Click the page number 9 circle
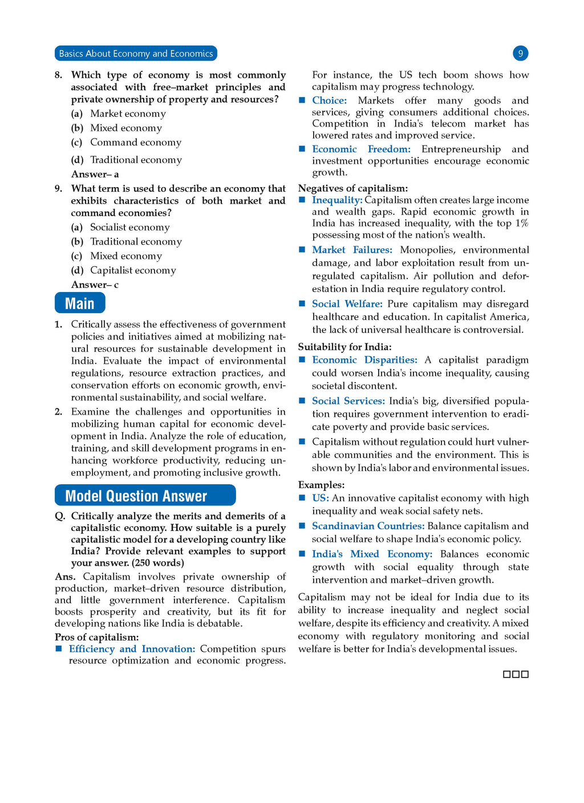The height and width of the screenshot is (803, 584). [x=520, y=53]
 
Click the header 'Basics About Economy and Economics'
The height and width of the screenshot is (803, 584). [x=136, y=54]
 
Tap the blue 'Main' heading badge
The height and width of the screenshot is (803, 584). [x=80, y=303]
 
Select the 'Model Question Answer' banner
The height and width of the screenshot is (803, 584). [x=145, y=496]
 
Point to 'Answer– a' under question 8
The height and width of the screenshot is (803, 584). [x=95, y=174]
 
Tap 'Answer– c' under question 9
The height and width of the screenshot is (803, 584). [x=95, y=285]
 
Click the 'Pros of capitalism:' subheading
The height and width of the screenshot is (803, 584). [x=97, y=637]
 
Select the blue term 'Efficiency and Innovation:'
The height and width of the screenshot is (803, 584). [x=132, y=649]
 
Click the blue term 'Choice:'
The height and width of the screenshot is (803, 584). [x=329, y=100]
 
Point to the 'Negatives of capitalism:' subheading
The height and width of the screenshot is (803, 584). [x=353, y=188]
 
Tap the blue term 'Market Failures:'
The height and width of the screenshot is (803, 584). [x=352, y=250]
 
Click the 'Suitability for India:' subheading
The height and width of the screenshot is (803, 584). [x=344, y=347]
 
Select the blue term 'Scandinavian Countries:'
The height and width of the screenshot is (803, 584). [x=368, y=526]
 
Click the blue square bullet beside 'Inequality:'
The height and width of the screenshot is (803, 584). [x=302, y=200]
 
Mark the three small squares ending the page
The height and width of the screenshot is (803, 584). [x=516, y=674]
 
